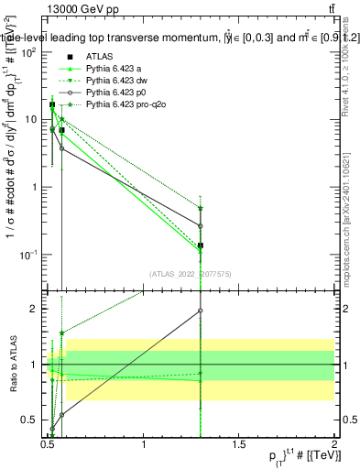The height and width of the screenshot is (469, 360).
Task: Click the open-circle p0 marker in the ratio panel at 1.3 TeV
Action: (200, 311)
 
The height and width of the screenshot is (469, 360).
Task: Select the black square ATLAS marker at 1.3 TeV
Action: (200, 245)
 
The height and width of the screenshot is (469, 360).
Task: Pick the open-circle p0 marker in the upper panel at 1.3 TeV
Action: (200, 225)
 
